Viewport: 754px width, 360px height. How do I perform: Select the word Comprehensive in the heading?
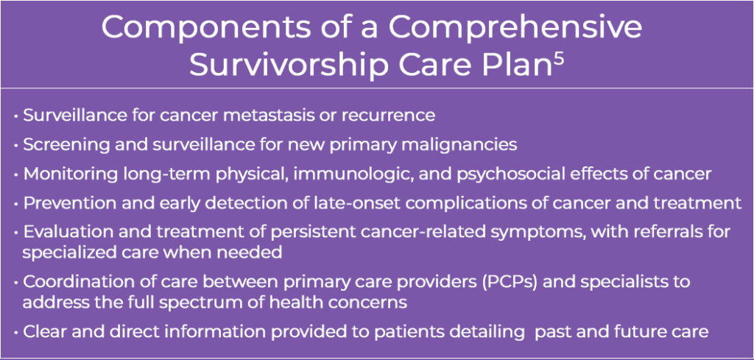pyautogui.click(x=515, y=28)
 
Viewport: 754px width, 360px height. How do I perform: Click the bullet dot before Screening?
pyautogui.click(x=17, y=145)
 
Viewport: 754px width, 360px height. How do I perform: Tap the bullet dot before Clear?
pyautogui.click(x=17, y=332)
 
